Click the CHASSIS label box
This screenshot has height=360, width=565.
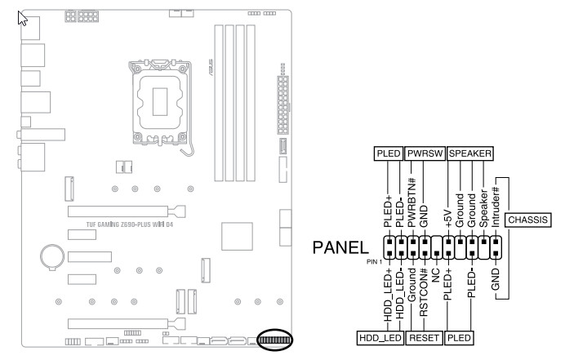point(528,220)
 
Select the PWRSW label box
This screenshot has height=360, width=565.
point(425,153)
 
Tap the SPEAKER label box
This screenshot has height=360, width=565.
point(469,153)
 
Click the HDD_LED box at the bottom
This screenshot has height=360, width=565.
point(380,338)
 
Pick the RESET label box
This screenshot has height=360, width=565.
point(424,338)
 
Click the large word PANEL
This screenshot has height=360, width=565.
point(340,247)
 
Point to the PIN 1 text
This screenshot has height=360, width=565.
point(374,262)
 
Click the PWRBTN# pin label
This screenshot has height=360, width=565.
point(412,202)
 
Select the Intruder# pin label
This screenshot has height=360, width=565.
point(496,207)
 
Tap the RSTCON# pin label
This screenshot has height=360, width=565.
point(424,292)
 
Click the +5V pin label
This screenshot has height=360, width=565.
point(448,218)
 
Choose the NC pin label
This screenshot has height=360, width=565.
point(436,275)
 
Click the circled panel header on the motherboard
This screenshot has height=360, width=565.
point(274,340)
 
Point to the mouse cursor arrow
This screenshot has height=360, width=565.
point(22,18)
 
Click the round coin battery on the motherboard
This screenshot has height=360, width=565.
point(52,257)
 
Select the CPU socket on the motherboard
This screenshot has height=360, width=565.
point(160,103)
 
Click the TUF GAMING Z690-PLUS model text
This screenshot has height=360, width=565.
point(130,224)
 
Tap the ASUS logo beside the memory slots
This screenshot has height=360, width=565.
point(210,68)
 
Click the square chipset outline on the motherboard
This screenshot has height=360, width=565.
point(237,237)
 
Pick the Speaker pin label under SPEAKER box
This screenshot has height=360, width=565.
point(483,208)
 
